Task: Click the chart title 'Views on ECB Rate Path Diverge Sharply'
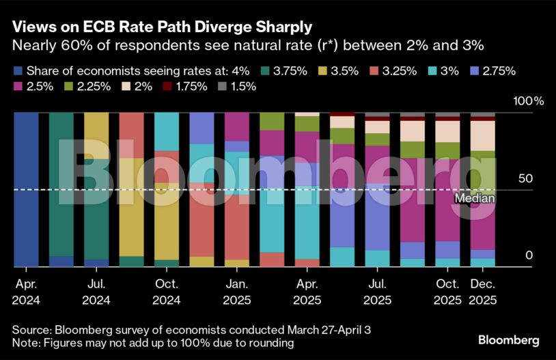point(162,28)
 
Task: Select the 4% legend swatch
point(18,70)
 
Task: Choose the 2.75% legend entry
point(495,70)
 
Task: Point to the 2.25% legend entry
point(86,86)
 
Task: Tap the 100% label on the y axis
point(528,101)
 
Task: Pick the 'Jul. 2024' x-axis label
point(96,291)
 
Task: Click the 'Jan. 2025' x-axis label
point(236,291)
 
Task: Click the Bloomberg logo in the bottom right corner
point(508,340)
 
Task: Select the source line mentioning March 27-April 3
point(191,329)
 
